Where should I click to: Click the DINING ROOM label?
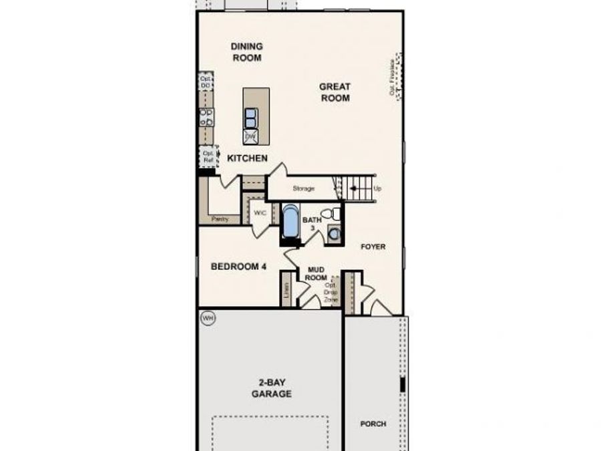tap(246, 52)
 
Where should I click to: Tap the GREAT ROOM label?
tap(335, 92)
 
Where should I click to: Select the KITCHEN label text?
tap(247, 158)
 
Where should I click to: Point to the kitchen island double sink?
tap(251, 118)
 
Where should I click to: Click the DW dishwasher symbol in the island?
tap(250, 136)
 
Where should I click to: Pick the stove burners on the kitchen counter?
tap(206, 118)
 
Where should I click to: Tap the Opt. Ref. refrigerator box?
tap(208, 156)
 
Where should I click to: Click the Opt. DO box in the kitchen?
tap(206, 83)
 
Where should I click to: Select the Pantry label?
tap(219, 218)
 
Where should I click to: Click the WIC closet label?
tap(260, 213)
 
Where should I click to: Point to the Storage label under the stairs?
tap(303, 188)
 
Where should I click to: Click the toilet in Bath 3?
tap(331, 214)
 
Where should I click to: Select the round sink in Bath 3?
tap(334, 235)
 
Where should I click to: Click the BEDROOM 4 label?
tap(238, 266)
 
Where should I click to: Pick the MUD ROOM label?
tap(316, 273)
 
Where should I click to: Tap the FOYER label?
tap(373, 247)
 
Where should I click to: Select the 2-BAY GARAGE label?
tap(271, 388)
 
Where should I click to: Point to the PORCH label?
tap(373, 424)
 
